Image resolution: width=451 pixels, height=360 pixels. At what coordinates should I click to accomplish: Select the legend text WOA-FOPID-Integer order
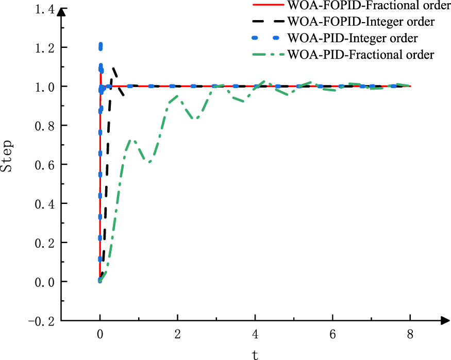click(361, 22)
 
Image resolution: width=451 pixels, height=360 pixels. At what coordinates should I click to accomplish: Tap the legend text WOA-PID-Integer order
click(353, 38)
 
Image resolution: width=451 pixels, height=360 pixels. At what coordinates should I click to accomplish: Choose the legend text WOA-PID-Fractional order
click(361, 54)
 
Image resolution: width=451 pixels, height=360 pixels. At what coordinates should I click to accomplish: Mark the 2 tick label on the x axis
click(177, 334)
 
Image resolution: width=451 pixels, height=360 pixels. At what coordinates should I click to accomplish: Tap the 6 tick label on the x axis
click(333, 334)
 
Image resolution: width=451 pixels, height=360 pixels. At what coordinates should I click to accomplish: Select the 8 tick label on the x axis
click(411, 334)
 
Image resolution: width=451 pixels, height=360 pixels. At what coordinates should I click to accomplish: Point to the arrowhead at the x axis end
click(443, 321)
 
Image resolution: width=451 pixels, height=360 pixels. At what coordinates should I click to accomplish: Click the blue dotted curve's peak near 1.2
click(101, 46)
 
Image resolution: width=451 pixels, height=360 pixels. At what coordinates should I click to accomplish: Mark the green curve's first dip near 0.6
click(149, 162)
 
